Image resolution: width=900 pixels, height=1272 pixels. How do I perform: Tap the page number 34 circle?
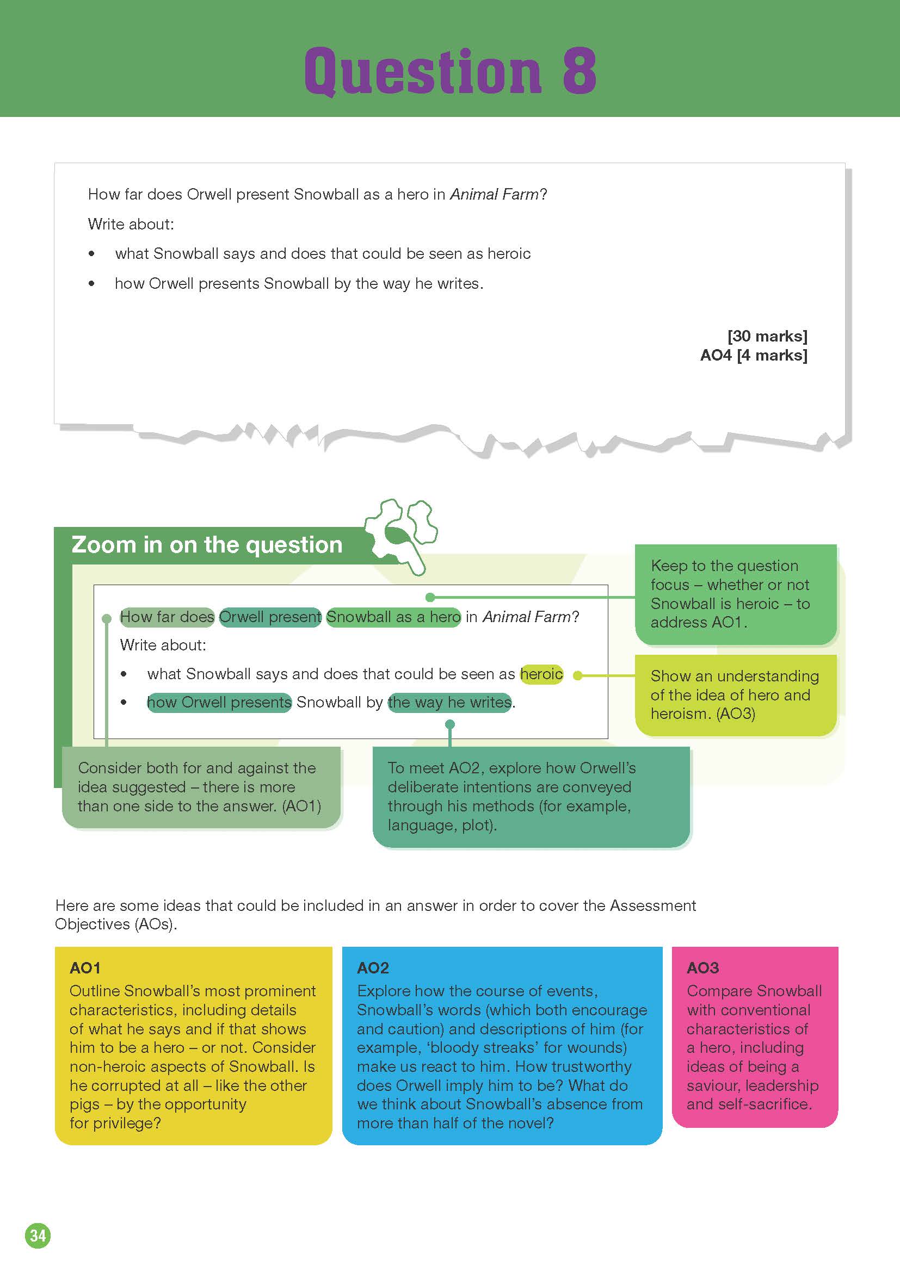click(x=38, y=1236)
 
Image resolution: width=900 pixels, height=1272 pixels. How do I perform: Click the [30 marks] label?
click(x=767, y=336)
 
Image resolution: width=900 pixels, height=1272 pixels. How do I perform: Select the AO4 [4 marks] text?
click(x=753, y=355)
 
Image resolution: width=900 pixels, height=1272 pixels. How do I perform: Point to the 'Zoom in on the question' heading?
click(x=207, y=545)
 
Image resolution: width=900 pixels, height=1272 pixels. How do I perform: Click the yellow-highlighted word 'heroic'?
click(x=541, y=674)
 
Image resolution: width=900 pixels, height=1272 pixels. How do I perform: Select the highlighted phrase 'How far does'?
click(x=167, y=617)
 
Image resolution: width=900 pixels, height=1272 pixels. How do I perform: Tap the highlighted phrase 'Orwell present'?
click(x=270, y=617)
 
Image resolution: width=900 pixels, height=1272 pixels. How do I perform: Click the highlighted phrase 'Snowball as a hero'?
click(x=393, y=617)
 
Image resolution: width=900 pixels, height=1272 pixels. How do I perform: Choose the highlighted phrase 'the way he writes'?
click(x=449, y=702)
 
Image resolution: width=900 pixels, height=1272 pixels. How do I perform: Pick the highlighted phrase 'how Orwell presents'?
click(x=219, y=702)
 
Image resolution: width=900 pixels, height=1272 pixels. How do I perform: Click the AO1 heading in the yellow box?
click(x=85, y=968)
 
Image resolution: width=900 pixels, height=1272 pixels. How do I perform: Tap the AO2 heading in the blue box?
click(x=373, y=968)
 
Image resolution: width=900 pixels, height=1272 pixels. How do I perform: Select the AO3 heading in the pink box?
click(x=702, y=968)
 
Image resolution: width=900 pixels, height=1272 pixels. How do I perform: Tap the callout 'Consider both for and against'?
click(x=200, y=787)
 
